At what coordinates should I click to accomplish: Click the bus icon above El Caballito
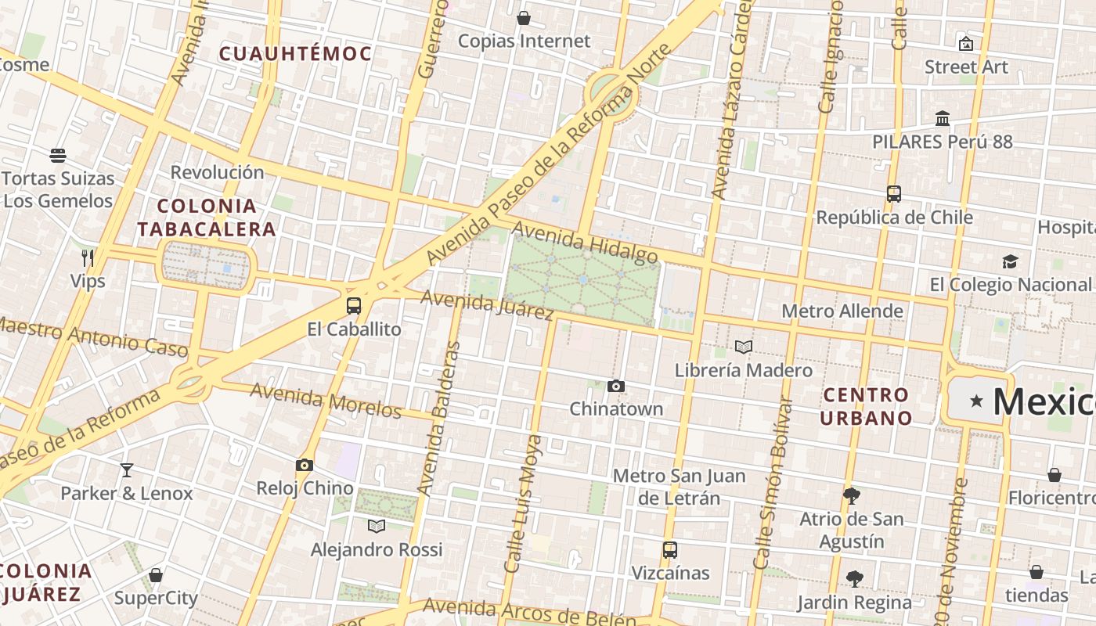pos(354,306)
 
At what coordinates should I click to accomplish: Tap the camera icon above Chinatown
pos(616,386)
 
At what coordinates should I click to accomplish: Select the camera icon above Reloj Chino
pos(305,465)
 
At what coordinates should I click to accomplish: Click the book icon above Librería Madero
pos(743,347)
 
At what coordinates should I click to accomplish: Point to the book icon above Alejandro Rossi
pos(377,526)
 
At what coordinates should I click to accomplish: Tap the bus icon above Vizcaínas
pos(669,549)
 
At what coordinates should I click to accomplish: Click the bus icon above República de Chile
pos(894,193)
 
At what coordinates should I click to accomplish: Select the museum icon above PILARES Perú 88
pos(943,119)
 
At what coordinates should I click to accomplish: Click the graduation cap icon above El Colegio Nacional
pos(1010,261)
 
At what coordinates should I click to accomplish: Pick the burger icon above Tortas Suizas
pos(58,155)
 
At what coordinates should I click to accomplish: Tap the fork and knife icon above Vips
pos(88,257)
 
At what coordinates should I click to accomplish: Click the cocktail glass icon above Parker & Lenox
pos(126,469)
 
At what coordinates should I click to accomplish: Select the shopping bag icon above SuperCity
pos(156,575)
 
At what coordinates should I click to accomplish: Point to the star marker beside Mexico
pos(976,401)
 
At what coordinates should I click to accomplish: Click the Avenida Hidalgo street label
pos(585,243)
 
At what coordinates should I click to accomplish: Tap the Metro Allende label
pos(842,311)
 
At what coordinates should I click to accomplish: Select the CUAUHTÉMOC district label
pos(295,54)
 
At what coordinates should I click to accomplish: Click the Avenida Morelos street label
pos(326,400)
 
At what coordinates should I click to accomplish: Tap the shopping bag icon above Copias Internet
pos(524,17)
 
